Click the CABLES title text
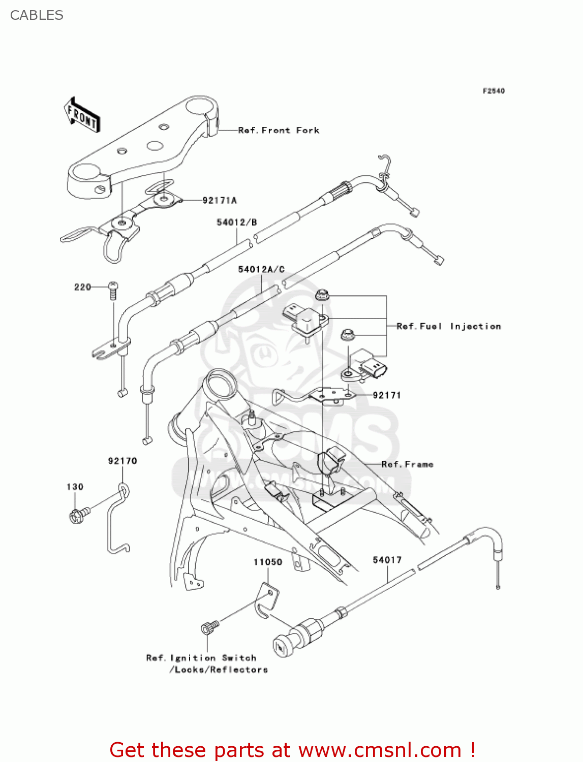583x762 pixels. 37,15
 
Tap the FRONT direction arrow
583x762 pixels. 82,115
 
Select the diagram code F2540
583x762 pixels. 494,91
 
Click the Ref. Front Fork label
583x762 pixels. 279,131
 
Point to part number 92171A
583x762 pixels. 220,201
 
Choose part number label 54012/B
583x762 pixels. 237,223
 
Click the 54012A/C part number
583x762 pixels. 261,269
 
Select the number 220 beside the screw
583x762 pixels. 82,288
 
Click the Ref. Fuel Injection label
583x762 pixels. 448,327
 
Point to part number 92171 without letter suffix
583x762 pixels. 387,395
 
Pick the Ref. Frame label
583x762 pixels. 407,464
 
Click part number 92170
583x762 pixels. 122,461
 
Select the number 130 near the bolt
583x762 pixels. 75,487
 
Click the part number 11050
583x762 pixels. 268,562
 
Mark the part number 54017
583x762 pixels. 387,560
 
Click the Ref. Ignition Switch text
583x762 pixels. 201,658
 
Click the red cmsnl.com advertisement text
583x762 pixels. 292,750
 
